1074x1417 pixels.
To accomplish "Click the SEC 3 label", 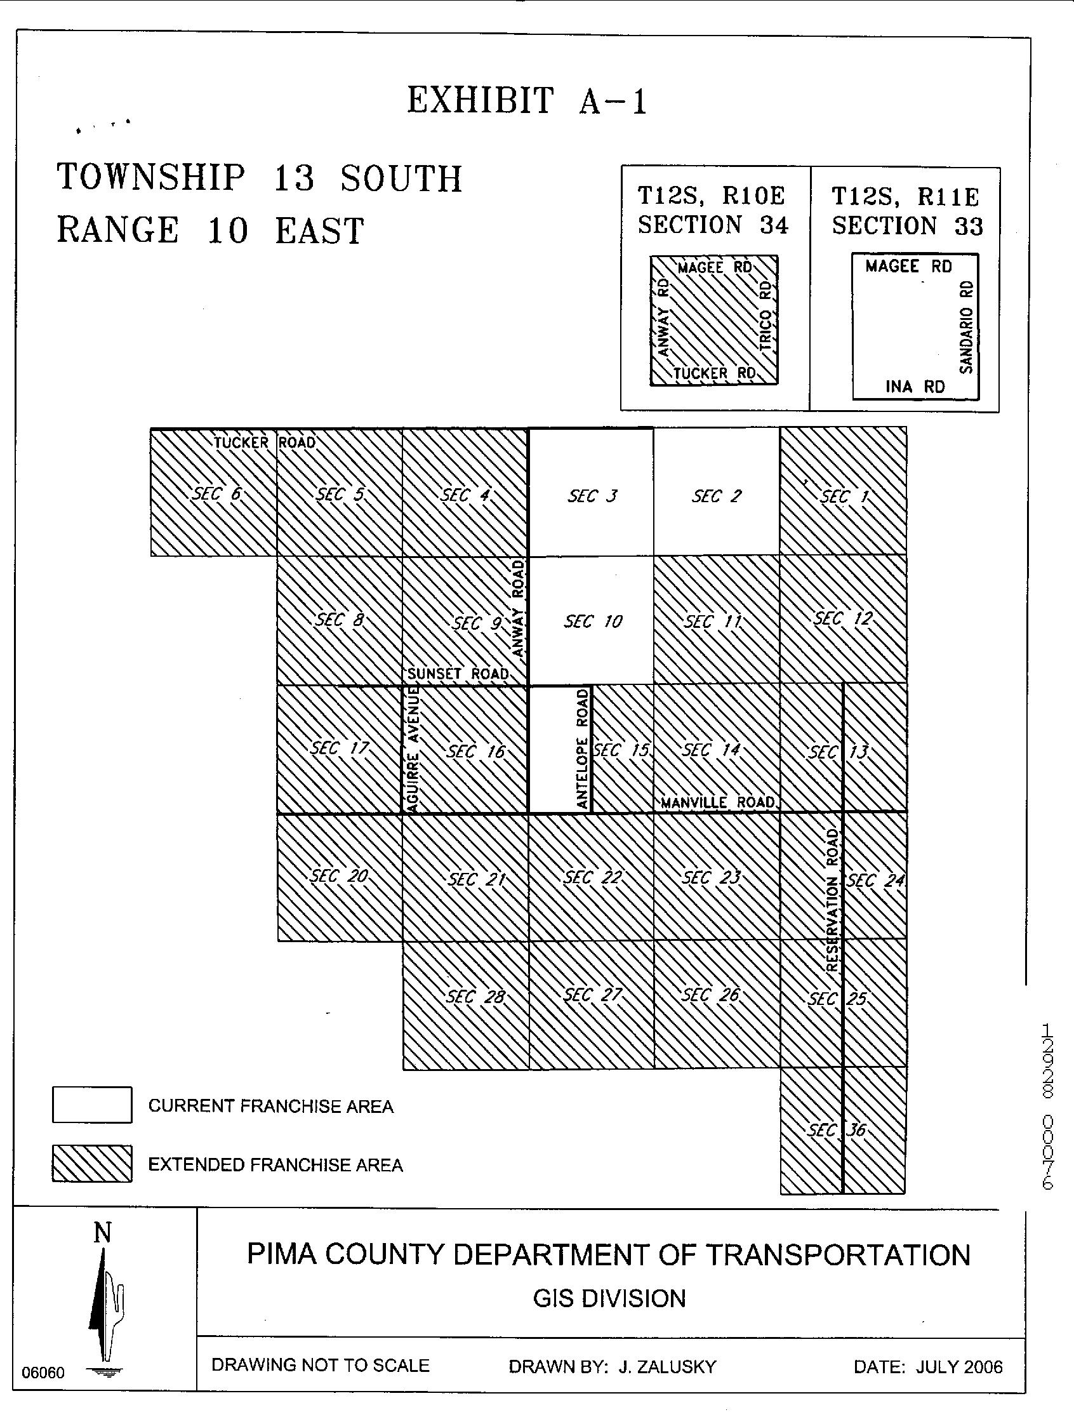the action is [592, 496].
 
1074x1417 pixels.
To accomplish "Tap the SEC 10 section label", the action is [592, 622].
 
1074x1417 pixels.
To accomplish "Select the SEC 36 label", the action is [837, 1130].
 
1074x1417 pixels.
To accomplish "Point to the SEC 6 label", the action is [216, 494].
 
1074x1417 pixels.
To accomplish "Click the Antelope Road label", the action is [582, 749].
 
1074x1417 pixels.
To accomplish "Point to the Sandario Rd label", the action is [967, 327].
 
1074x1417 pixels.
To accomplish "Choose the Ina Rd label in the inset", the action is [915, 386].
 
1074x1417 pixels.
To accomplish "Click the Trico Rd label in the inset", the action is [767, 316].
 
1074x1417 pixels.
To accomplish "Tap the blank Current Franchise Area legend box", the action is [92, 1105].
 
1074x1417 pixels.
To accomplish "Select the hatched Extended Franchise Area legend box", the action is [92, 1164].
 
